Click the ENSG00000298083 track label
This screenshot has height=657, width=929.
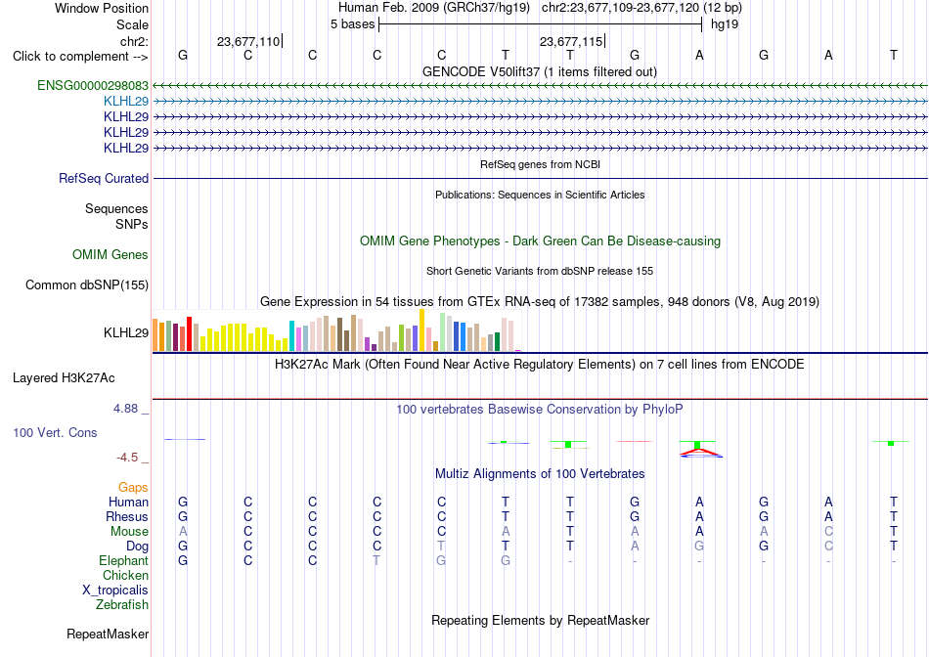(93, 85)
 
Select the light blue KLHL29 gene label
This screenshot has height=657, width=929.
(126, 102)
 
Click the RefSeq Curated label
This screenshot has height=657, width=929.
(104, 178)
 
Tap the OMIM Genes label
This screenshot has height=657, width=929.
(111, 255)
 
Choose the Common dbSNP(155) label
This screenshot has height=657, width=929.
(87, 285)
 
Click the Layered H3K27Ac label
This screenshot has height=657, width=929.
(64, 378)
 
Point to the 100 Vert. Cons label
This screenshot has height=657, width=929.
(55, 432)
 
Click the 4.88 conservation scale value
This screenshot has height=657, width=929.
(125, 409)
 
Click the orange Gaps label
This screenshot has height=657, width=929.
(133, 487)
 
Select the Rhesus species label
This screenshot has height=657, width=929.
(127, 516)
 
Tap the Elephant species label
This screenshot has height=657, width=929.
(124, 560)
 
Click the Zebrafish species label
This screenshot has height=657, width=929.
(122, 605)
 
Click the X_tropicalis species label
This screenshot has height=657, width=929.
(115, 591)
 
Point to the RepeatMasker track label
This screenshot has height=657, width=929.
(108, 634)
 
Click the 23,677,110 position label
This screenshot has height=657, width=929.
(248, 41)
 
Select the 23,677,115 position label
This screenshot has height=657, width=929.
(570, 41)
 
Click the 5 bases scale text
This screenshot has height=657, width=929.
(352, 24)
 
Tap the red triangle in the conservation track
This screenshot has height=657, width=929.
(701, 454)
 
